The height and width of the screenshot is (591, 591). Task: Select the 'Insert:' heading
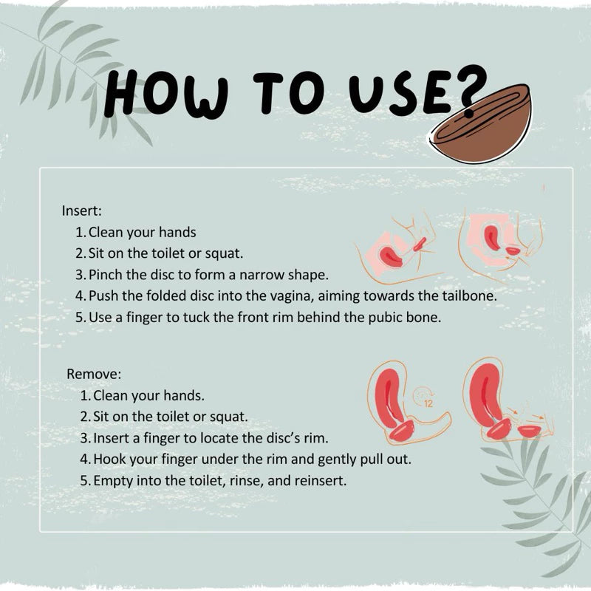tap(82, 210)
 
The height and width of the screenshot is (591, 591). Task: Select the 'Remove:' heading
tap(94, 374)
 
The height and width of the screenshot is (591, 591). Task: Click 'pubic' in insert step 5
tap(362, 317)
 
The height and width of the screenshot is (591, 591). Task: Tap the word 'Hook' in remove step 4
tap(109, 459)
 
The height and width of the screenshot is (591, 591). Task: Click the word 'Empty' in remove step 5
tap(113, 480)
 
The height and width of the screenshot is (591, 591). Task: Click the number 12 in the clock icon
tap(428, 402)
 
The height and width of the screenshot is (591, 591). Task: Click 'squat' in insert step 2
tap(224, 253)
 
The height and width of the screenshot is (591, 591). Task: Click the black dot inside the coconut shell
tap(468, 113)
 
